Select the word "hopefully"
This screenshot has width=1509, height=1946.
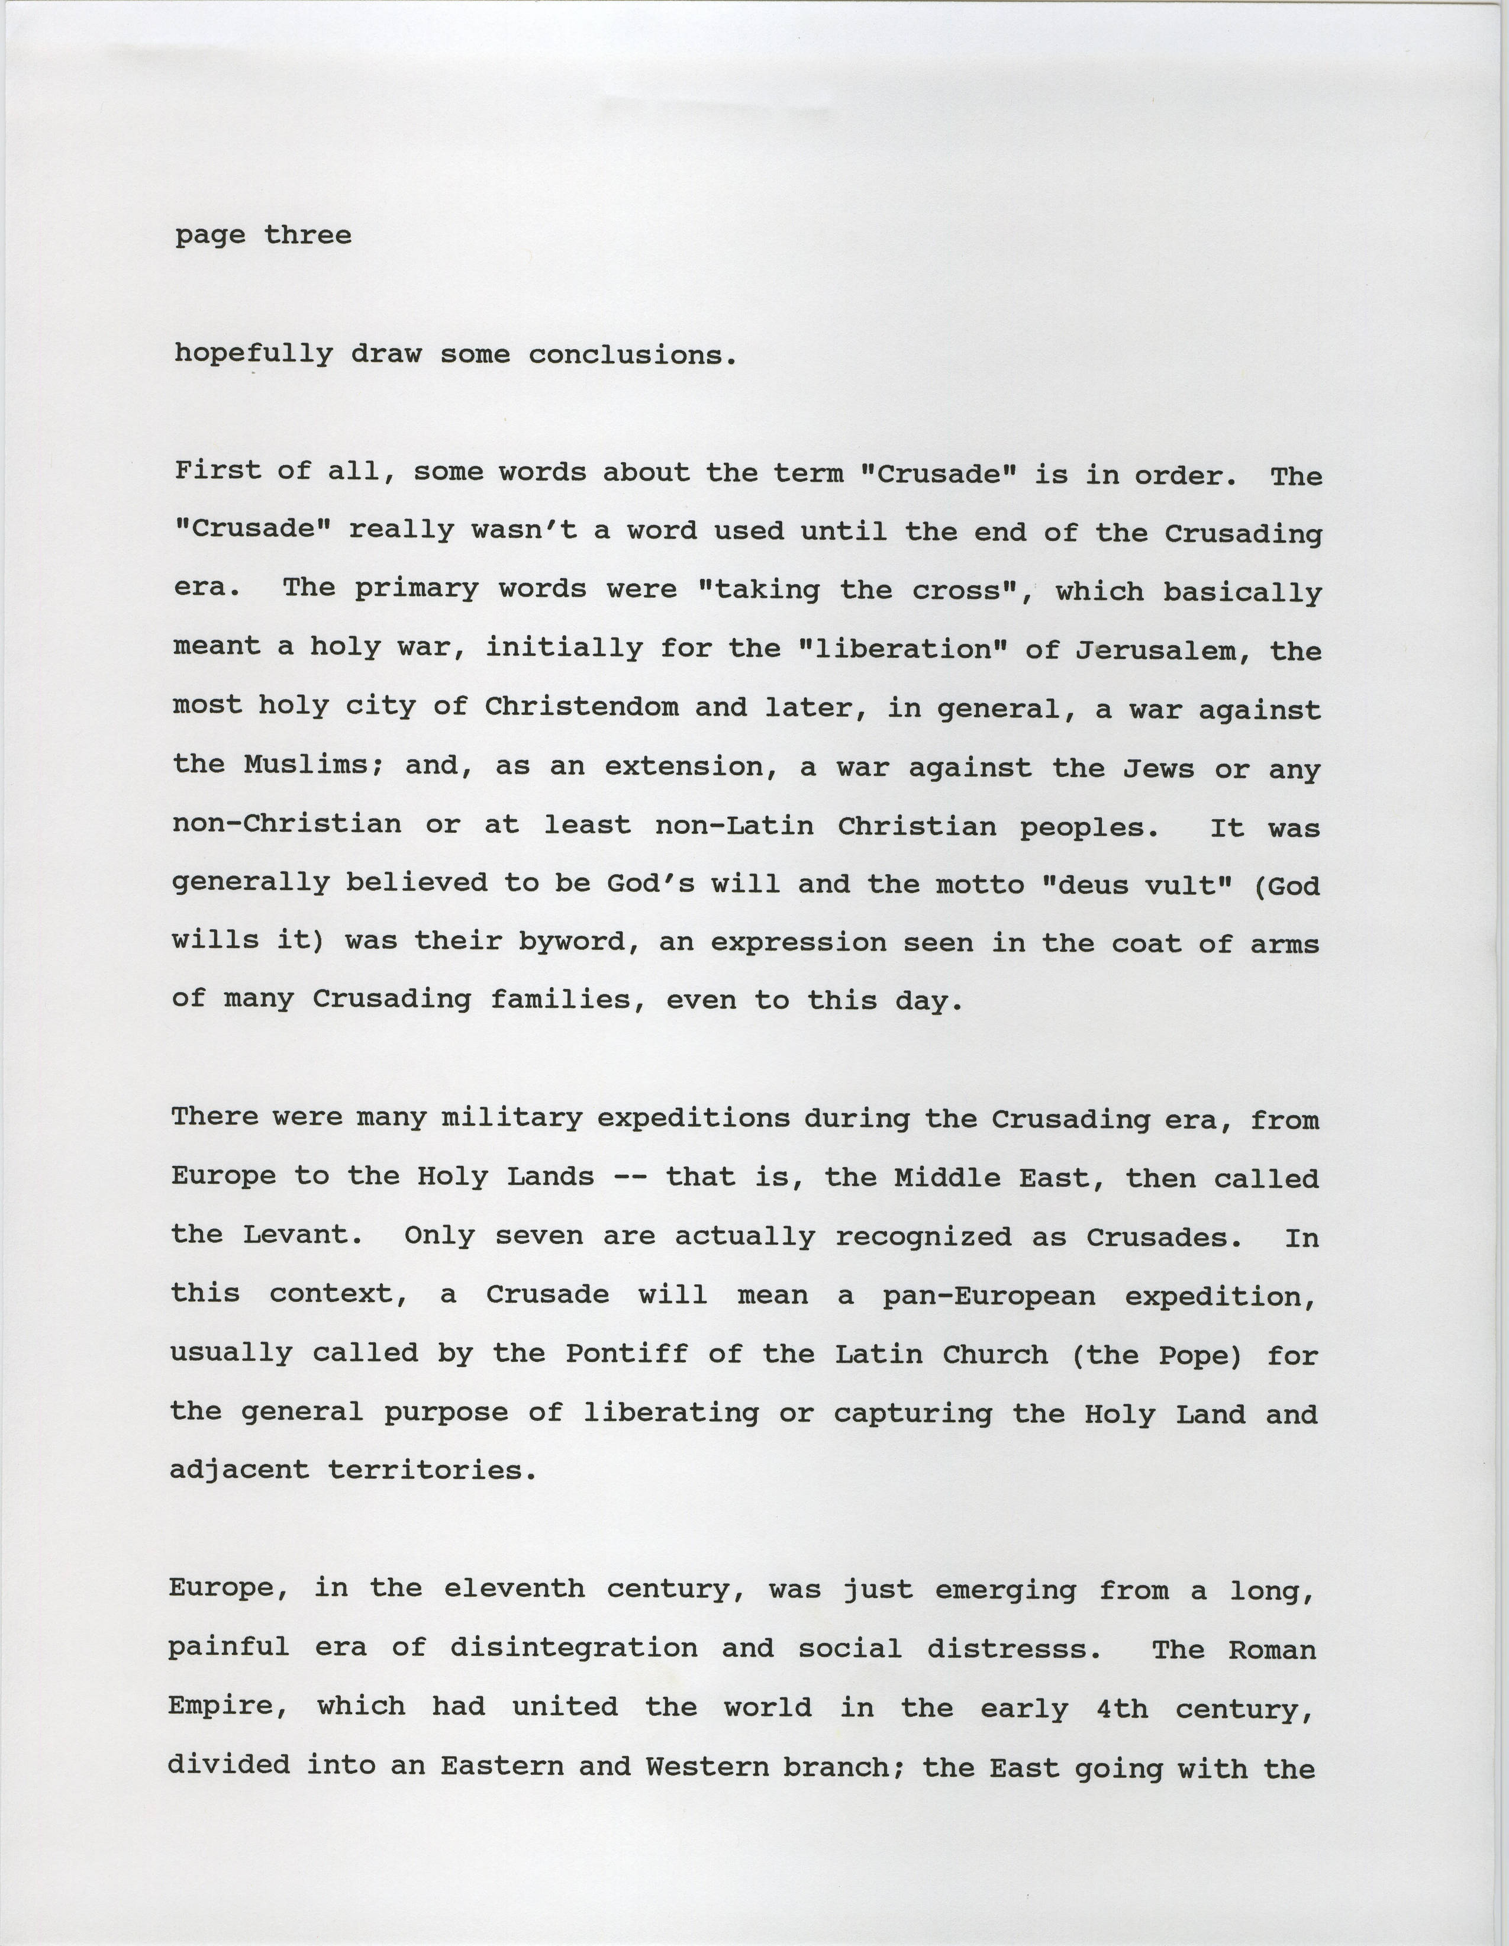click(253, 355)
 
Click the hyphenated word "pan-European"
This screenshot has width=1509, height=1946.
click(989, 1294)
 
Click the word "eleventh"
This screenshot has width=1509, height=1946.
click(514, 1589)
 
